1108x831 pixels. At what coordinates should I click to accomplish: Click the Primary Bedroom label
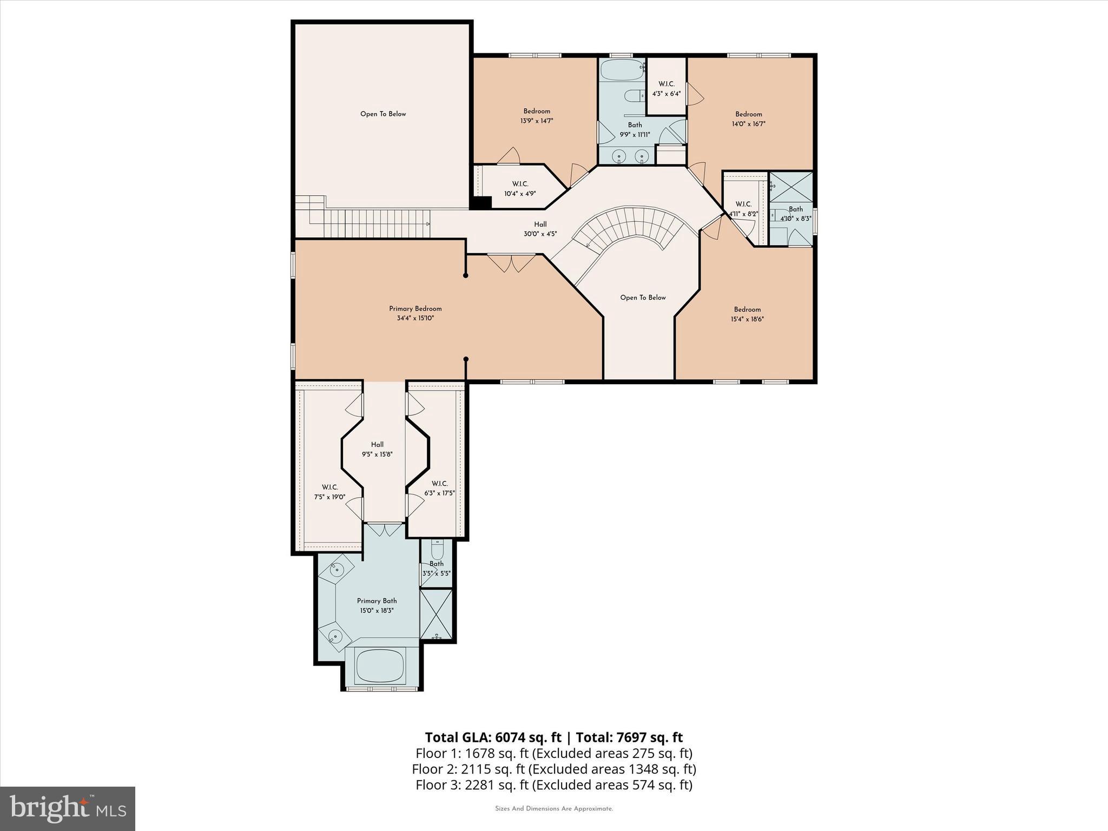[415, 308]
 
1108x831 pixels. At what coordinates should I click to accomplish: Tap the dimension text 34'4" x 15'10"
[415, 318]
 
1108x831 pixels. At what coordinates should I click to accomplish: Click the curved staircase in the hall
[630, 227]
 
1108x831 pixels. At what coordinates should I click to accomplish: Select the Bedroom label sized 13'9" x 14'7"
[536, 111]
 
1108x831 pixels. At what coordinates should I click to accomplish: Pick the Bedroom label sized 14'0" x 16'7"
[748, 114]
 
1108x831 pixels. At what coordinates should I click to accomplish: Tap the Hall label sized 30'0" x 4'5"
[540, 225]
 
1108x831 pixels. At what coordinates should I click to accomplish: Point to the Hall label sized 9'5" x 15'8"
[377, 445]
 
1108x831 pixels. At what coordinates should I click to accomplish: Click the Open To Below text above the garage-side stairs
[383, 114]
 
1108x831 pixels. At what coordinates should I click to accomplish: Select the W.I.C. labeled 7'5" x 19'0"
[329, 487]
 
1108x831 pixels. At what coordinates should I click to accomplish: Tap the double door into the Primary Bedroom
[511, 263]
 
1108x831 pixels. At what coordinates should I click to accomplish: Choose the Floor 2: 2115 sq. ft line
[553, 769]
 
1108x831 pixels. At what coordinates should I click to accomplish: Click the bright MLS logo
[68, 808]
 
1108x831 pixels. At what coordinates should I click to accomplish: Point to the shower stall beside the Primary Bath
[437, 615]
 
